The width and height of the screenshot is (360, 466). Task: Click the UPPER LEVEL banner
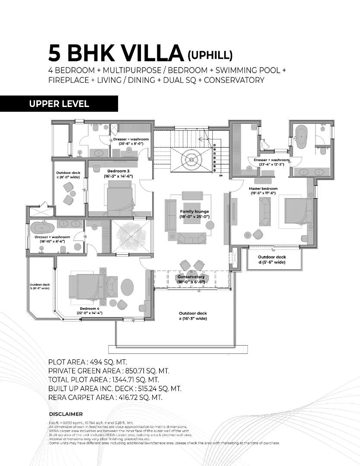pyautogui.click(x=59, y=104)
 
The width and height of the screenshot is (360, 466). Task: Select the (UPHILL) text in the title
pyautogui.click(x=210, y=55)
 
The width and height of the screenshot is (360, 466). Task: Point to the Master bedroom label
pyautogui.click(x=263, y=191)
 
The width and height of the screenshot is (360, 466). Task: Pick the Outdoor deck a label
pyautogui.click(x=193, y=316)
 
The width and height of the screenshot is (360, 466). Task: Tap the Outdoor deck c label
pyautogui.click(x=68, y=174)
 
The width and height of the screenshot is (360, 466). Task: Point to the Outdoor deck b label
pyautogui.click(x=39, y=286)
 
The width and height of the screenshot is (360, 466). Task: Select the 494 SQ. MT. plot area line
pyautogui.click(x=88, y=362)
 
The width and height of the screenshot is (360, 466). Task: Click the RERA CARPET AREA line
pyautogui.click(x=105, y=397)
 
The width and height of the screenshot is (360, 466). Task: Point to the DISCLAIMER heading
pyautogui.click(x=66, y=414)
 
